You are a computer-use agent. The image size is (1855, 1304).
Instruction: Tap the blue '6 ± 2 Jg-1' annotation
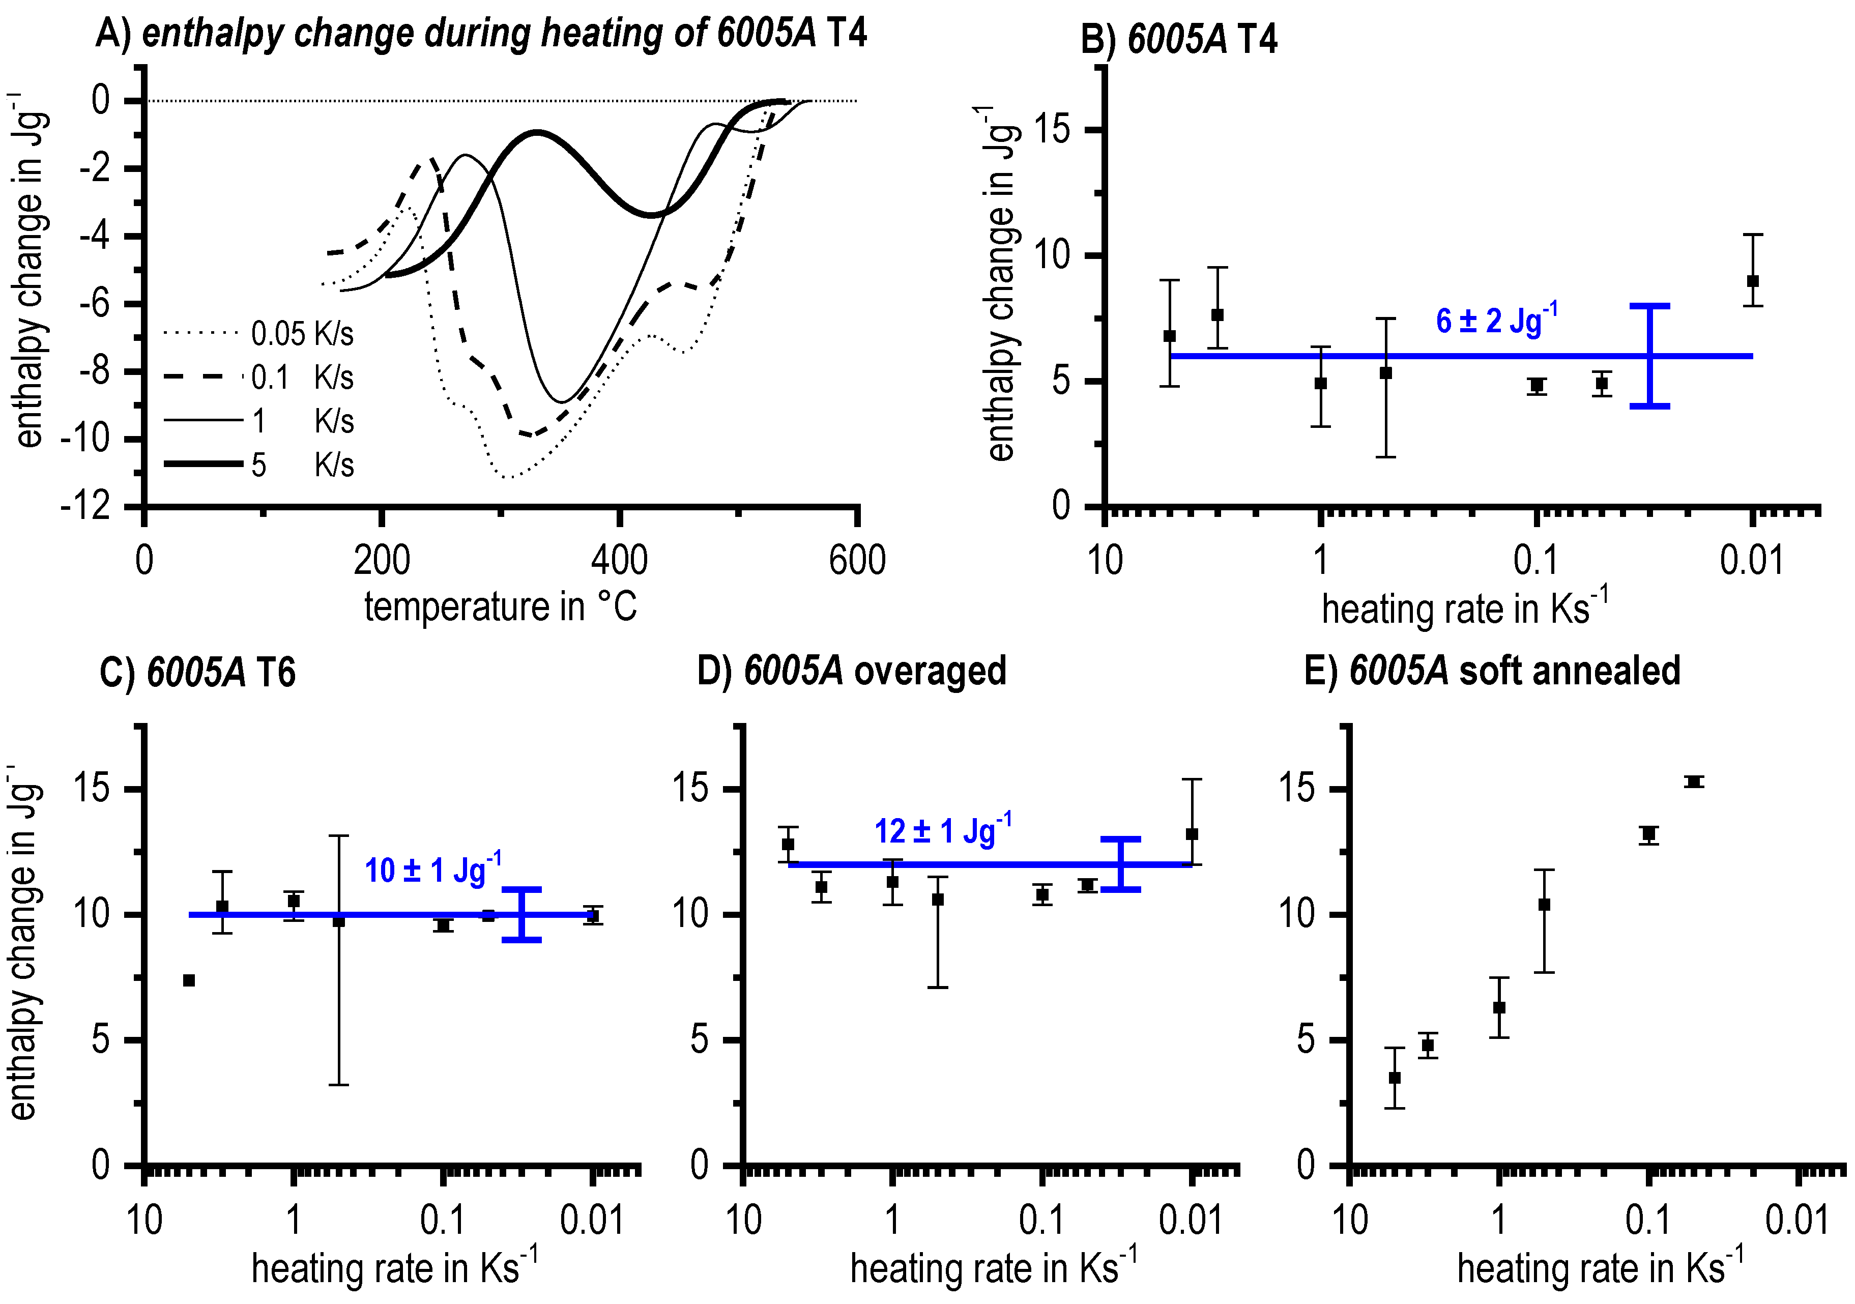pos(1496,320)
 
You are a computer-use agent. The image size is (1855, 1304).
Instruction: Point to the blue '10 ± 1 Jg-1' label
pos(432,870)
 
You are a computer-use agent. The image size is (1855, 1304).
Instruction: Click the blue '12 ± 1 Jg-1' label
pos(942,830)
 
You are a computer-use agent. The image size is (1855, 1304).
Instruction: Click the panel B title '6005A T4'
pos(1179,39)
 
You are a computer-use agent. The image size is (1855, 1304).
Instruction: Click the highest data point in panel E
pos(1693,782)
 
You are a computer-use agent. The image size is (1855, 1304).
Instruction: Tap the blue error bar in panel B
pos(1649,356)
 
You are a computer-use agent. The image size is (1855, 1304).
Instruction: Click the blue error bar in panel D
pos(1121,864)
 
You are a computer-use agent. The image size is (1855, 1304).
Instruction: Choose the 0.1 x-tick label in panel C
pos(443,1220)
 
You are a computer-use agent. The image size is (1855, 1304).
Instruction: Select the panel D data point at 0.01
pos(1192,834)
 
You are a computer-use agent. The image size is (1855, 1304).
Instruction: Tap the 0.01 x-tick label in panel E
pos(1797,1220)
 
